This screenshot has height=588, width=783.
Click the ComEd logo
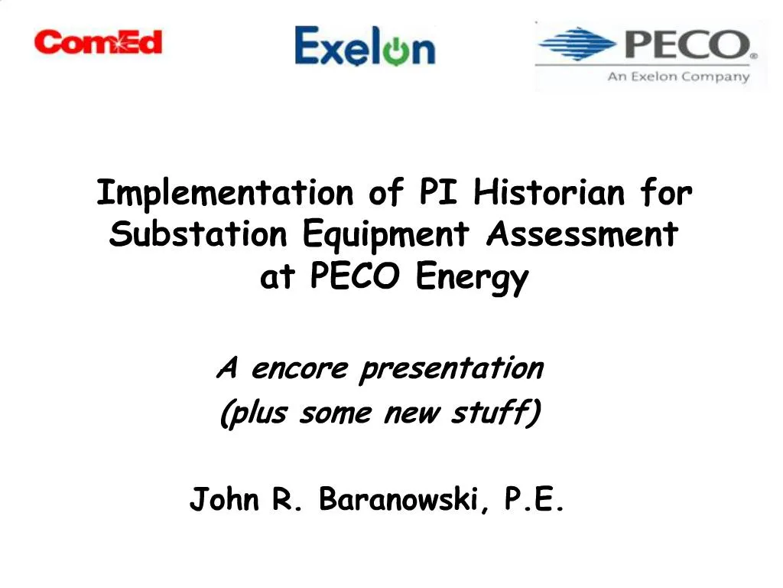pyautogui.click(x=98, y=41)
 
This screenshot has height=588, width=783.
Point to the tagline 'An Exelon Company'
pyautogui.click(x=678, y=77)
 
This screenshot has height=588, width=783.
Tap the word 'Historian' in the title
pyautogui.click(x=550, y=193)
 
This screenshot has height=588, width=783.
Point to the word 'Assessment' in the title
pyautogui.click(x=582, y=234)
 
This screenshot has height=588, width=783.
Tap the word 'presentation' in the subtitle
pyautogui.click(x=451, y=370)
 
